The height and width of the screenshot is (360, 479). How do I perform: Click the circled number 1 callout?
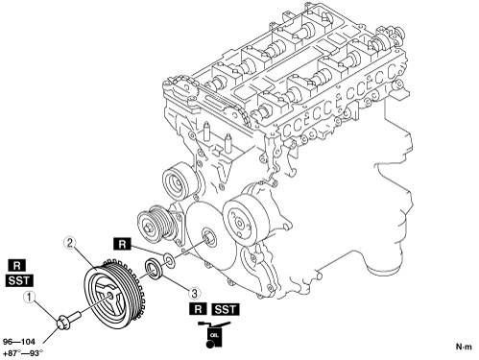(30, 298)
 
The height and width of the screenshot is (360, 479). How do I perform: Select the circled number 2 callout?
(70, 243)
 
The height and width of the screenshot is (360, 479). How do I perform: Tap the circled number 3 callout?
(194, 292)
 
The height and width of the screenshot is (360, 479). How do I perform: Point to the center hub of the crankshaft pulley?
(110, 296)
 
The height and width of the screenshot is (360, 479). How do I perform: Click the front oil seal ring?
(155, 269)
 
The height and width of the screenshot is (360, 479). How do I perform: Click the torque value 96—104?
(19, 342)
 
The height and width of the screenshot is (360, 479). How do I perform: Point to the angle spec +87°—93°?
(22, 353)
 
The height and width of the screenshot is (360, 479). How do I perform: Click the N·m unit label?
(464, 347)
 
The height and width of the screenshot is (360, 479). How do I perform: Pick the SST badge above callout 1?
(19, 280)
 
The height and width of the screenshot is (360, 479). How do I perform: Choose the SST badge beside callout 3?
(226, 309)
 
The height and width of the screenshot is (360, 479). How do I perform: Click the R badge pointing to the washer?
(122, 245)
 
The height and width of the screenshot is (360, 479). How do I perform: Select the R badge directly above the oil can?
(199, 309)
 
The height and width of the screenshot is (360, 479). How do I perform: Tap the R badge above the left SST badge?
(16, 266)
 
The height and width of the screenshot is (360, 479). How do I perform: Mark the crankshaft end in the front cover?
(209, 237)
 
